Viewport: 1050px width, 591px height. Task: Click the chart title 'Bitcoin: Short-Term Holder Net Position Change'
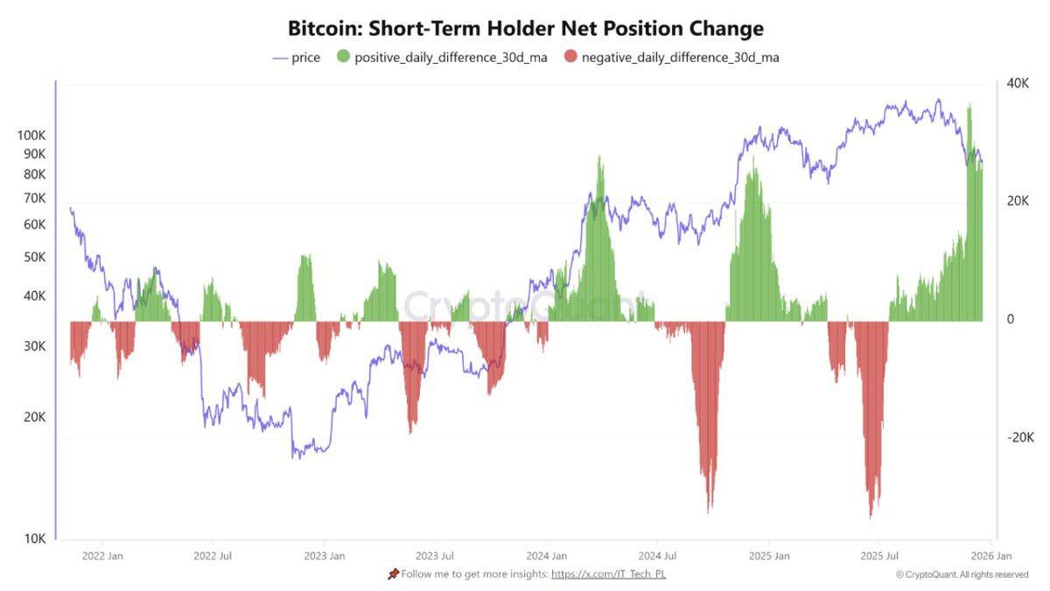(525, 28)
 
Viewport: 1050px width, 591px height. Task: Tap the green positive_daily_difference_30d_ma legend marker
(342, 58)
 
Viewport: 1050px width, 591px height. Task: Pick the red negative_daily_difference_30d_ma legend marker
(570, 58)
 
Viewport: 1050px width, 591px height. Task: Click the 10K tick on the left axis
(34, 539)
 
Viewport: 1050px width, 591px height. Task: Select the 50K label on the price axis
(34, 257)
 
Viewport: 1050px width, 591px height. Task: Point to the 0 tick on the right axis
(1010, 320)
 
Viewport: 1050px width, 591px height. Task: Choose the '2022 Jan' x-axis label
(102, 555)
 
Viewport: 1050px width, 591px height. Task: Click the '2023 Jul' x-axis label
(435, 555)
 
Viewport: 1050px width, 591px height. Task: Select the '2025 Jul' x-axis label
(879, 555)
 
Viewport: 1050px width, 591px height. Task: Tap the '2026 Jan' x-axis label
(991, 555)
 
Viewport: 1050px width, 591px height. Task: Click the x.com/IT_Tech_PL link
(609, 574)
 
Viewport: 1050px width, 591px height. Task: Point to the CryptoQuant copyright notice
(962, 574)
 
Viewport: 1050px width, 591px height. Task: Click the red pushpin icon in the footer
(393, 574)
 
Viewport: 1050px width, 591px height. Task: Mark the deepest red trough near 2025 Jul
(871, 516)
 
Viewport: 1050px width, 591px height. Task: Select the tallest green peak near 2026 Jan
(969, 105)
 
